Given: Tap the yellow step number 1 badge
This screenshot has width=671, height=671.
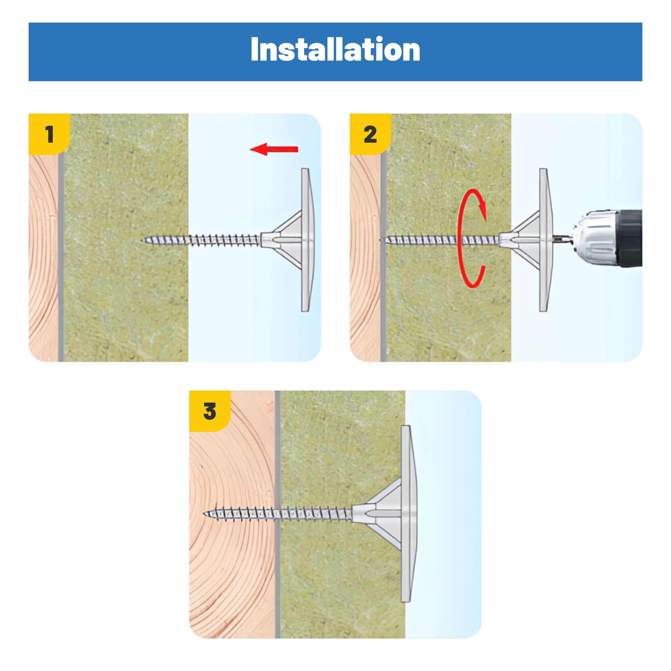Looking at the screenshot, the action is pos(49,134).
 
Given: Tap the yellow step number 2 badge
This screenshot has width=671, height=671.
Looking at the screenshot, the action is pos(370,134).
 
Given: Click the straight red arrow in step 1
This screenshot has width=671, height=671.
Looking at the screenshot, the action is pos(274,149).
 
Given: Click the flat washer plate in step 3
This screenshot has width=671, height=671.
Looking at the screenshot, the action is pos(408,514).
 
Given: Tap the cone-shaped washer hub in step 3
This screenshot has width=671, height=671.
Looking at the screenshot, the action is pos(379,514).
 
